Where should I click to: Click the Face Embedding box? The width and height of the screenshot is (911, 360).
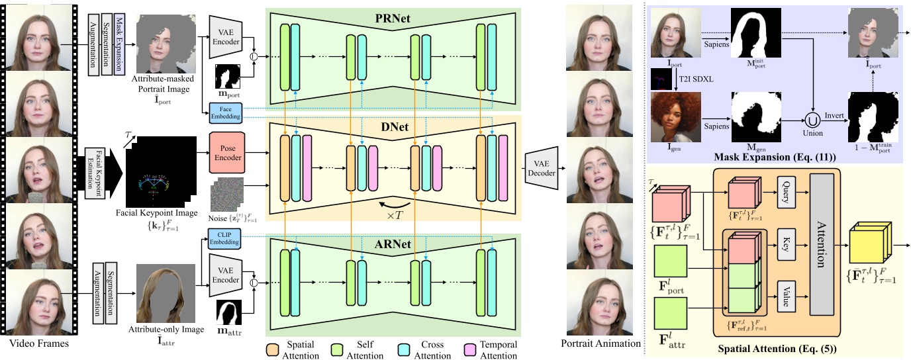[224, 112]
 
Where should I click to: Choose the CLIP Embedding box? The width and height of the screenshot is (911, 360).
[226, 240]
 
